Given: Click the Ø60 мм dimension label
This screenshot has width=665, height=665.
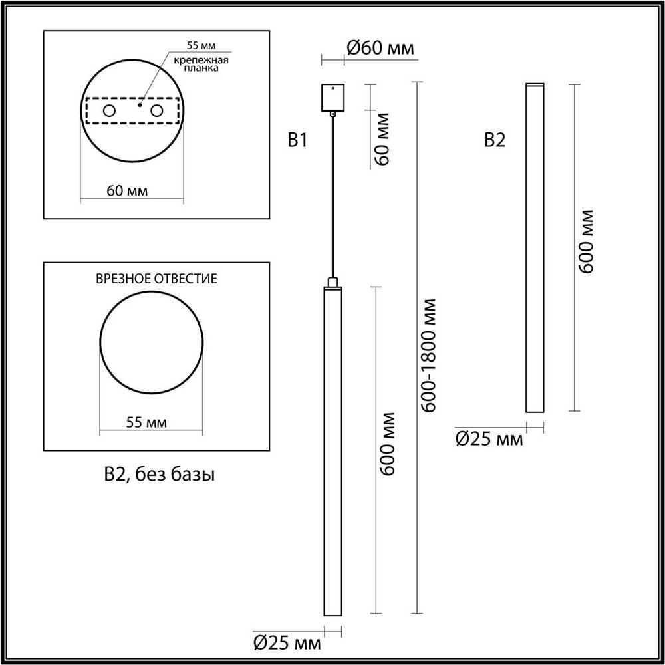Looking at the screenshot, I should (381, 48).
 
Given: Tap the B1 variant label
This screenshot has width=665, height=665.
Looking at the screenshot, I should (297, 140).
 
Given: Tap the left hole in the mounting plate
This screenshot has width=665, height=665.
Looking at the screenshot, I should (108, 110).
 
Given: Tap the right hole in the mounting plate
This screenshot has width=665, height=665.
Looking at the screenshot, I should (157, 110).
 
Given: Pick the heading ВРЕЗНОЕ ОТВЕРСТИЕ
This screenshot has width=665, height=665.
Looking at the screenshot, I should (157, 278).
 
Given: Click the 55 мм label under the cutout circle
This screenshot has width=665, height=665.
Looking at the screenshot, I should (147, 422).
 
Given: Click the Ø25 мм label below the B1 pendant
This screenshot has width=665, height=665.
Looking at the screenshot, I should (287, 643).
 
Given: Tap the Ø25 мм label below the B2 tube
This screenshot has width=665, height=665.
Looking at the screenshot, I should (489, 438).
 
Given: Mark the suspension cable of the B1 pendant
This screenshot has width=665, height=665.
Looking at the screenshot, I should (332, 199).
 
